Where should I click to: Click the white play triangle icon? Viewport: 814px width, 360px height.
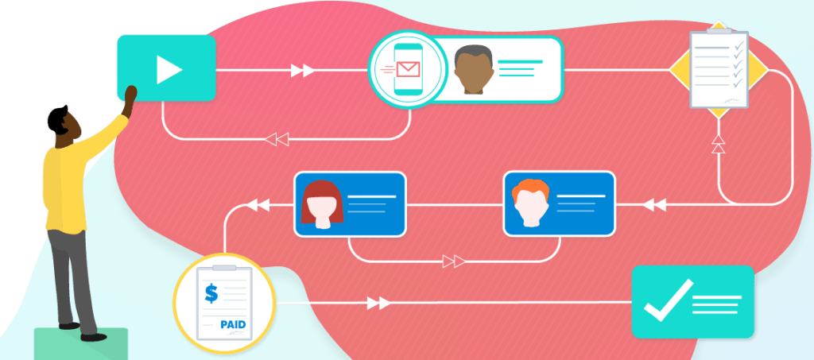pos(169,69)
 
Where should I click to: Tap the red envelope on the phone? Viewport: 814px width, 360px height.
pos(408,69)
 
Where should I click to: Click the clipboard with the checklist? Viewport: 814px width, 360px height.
pos(718,70)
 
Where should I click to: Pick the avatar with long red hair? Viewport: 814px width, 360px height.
pos(322,204)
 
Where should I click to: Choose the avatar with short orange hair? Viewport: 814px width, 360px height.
pos(530,203)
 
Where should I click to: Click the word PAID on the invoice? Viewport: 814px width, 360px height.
pos(233,324)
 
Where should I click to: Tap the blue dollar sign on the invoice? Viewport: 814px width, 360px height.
pos(211,293)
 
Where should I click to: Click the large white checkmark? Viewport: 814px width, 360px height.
pos(666,300)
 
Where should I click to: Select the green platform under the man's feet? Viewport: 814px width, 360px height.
pos(80,343)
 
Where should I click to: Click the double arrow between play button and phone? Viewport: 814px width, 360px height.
pos(302,71)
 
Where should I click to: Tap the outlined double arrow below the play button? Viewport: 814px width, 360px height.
pos(277,140)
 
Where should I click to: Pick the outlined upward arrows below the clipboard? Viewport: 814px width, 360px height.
pos(718,144)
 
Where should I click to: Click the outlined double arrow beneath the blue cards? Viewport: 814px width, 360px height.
pos(454,261)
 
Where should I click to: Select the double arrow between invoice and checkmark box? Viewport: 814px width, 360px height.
pos(378,303)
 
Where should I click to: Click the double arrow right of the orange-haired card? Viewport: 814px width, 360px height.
pos(653,205)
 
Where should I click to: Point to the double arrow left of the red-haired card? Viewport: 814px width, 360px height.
pos(258,205)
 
